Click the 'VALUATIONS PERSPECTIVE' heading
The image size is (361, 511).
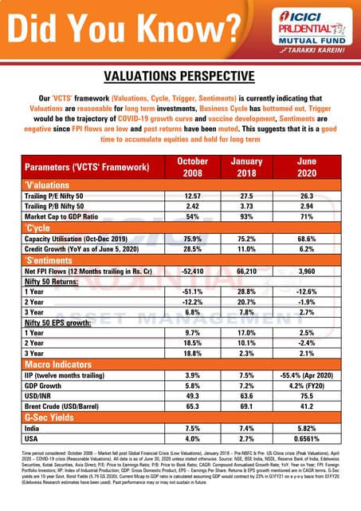pyautogui.click(x=180, y=77)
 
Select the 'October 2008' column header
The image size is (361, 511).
pyautogui.click(x=191, y=168)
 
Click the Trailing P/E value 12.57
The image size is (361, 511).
pyautogui.click(x=191, y=196)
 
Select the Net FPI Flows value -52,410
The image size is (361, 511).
pyautogui.click(x=191, y=270)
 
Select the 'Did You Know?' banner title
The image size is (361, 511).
pyautogui.click(x=124, y=29)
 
